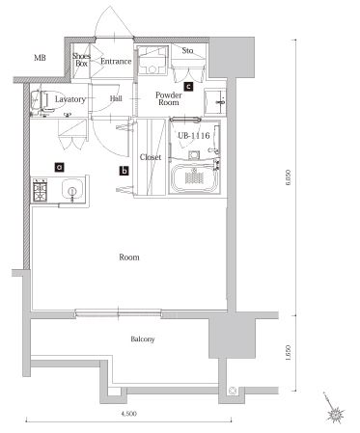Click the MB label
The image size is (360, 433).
(40, 59)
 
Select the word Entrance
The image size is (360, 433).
(116, 62)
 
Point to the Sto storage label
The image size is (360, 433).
(187, 51)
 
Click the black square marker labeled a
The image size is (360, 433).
(59, 167)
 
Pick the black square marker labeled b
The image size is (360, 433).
(124, 172)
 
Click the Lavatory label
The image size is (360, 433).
(70, 99)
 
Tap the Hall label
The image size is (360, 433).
(116, 98)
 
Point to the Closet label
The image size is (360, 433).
(151, 156)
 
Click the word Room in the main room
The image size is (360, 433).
(129, 257)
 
